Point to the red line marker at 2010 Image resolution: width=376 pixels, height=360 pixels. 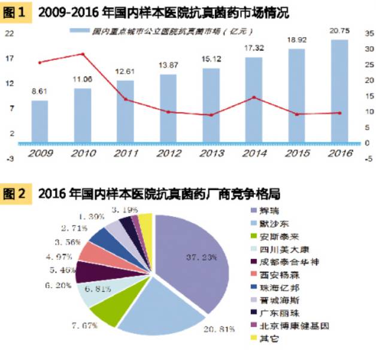click(x=83, y=54)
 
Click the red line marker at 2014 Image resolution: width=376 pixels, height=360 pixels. click(x=254, y=97)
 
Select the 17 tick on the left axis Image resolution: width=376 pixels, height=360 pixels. click(x=10, y=58)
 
